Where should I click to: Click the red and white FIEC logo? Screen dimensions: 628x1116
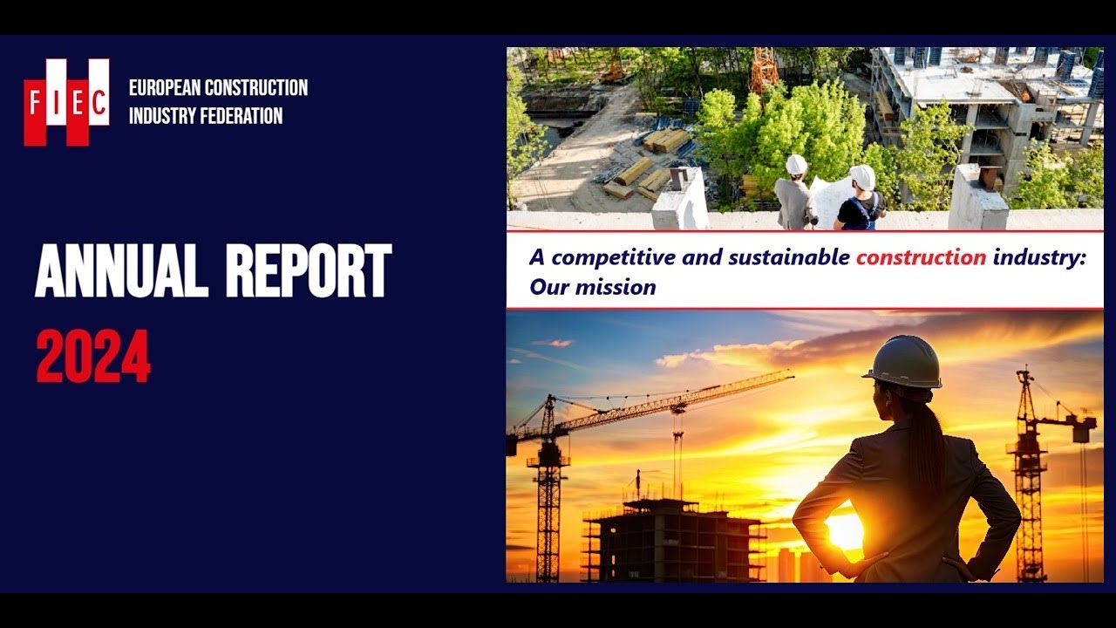pyautogui.click(x=66, y=102)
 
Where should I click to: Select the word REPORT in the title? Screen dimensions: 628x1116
pyautogui.click(x=309, y=271)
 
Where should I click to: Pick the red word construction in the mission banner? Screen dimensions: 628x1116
pyautogui.click(x=922, y=257)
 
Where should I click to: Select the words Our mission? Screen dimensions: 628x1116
pyautogui.click(x=592, y=286)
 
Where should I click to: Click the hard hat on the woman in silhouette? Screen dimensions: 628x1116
pyautogui.click(x=903, y=362)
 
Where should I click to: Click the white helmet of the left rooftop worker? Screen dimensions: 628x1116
pyautogui.click(x=796, y=165)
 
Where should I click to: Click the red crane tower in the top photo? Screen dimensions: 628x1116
pyautogui.click(x=765, y=69)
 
